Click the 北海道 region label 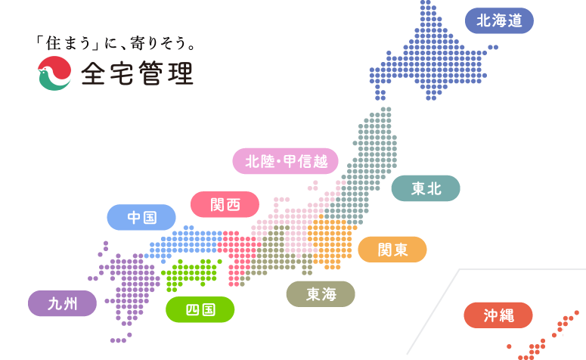point(499,20)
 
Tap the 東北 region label point(426,188)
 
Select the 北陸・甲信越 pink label point(285,161)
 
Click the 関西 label point(225,204)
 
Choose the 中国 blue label point(141,218)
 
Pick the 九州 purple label point(63,303)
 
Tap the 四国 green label point(200,309)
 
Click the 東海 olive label point(321,294)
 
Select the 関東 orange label point(392,250)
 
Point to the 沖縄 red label point(498,315)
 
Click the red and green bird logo point(54,74)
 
